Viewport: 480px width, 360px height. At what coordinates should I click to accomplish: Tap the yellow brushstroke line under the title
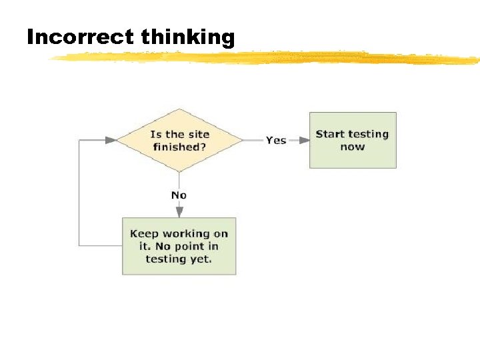point(267,58)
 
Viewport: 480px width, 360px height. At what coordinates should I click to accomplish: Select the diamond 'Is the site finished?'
point(179,140)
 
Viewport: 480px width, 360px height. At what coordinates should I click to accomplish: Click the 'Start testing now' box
point(353,140)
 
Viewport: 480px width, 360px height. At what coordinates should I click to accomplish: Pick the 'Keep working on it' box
point(179,246)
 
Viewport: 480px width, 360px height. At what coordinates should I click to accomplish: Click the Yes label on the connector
point(276,140)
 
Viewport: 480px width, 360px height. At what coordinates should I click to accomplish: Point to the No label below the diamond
point(179,195)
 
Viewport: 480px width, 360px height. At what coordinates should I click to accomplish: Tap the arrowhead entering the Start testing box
point(304,140)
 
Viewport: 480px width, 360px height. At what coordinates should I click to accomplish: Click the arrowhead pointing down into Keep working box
point(179,212)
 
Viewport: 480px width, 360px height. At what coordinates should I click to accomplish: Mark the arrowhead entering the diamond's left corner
point(111,140)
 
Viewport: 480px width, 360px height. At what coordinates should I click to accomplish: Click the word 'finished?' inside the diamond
point(179,147)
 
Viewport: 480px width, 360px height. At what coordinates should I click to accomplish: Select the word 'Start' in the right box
point(330,134)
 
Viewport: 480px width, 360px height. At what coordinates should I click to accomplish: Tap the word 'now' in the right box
point(353,147)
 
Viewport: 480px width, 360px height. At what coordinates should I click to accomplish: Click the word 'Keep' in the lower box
point(143,233)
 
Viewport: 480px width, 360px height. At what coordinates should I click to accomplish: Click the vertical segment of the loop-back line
point(79,193)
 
